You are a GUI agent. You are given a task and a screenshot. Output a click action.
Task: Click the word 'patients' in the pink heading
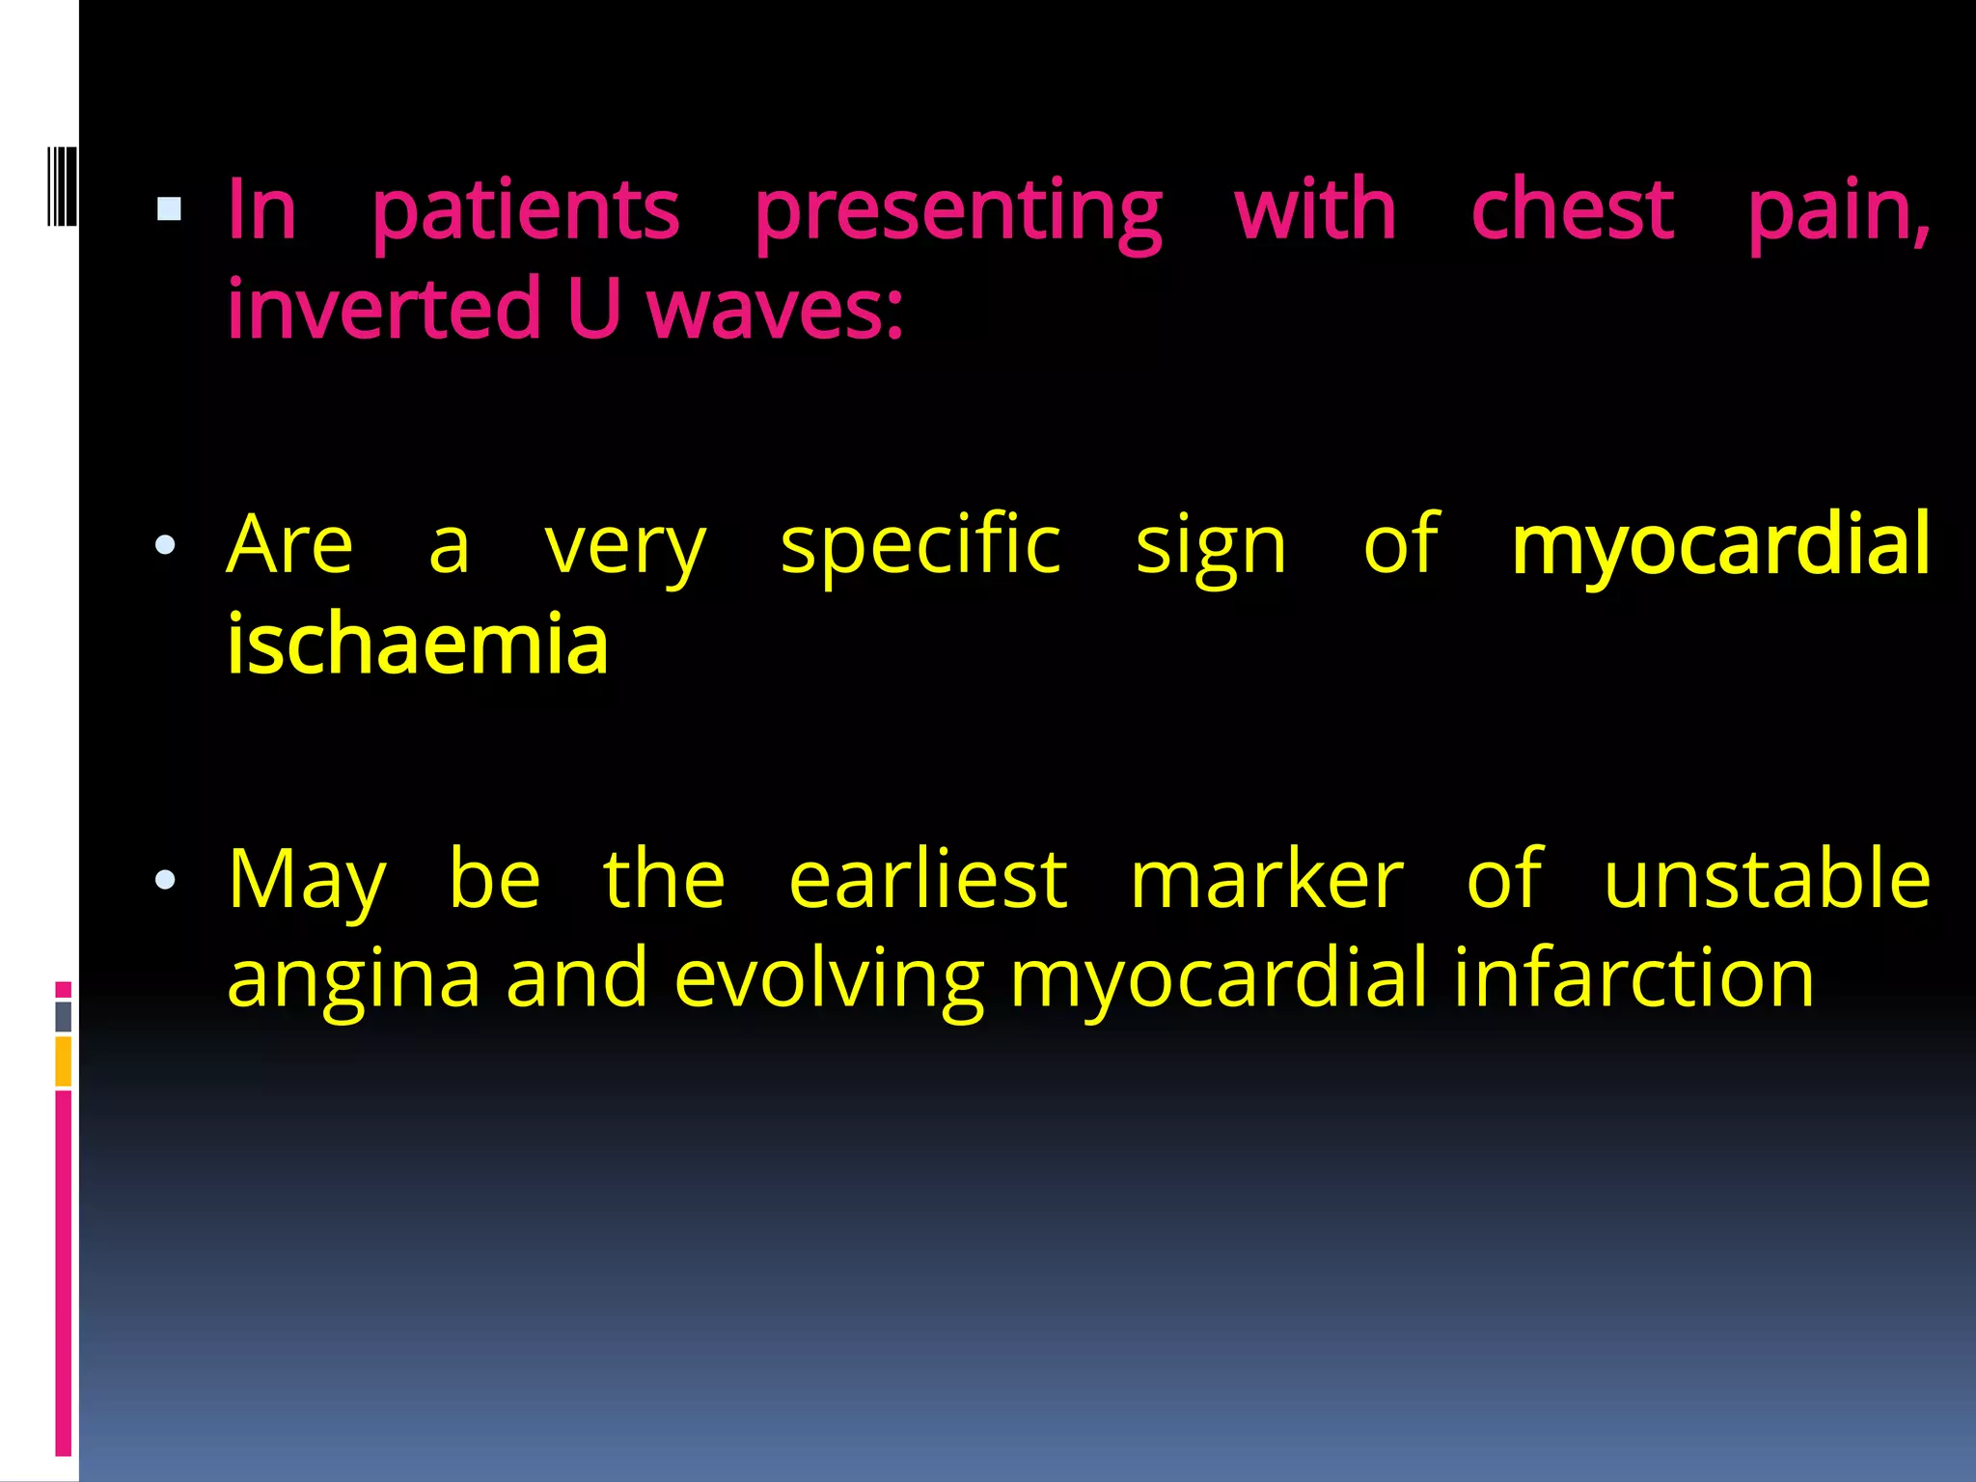click(x=526, y=212)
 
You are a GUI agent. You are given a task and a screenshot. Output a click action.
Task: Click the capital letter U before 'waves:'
click(x=592, y=309)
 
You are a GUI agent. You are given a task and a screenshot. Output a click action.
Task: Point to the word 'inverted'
click(x=384, y=309)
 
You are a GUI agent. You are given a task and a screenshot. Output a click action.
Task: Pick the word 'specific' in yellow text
click(x=920, y=546)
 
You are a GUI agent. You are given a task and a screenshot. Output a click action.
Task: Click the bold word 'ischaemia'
click(x=417, y=645)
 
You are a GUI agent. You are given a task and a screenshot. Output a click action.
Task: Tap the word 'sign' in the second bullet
click(x=1211, y=548)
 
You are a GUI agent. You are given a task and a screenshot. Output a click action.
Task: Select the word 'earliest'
click(x=927, y=879)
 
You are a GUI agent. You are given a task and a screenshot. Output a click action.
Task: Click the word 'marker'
click(x=1266, y=879)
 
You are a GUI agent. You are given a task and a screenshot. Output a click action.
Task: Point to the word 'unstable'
click(x=1767, y=879)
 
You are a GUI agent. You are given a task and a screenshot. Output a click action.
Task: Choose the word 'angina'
click(x=353, y=980)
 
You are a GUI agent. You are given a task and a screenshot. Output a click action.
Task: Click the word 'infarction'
click(x=1633, y=978)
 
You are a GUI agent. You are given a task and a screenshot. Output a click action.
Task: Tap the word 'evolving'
click(x=829, y=980)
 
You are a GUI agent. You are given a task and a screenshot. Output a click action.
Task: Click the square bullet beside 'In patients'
click(x=169, y=209)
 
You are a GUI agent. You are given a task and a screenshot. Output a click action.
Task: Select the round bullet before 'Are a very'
click(x=165, y=545)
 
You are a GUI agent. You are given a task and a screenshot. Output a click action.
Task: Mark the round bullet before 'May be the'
click(x=165, y=879)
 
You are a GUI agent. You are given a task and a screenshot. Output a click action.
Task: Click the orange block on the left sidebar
click(x=63, y=1061)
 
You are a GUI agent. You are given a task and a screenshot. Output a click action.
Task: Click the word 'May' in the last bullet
click(x=307, y=881)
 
